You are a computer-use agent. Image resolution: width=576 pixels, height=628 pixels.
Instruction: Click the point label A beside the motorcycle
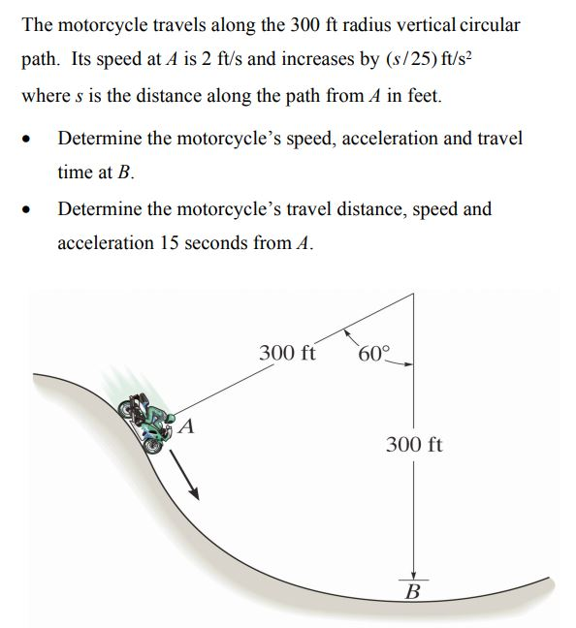[188, 424]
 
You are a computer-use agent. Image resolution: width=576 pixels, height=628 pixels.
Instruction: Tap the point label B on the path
[412, 591]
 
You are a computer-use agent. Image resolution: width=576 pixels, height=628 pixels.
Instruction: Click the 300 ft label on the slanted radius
[287, 352]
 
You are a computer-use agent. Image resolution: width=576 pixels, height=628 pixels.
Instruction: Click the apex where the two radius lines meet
[414, 297]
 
